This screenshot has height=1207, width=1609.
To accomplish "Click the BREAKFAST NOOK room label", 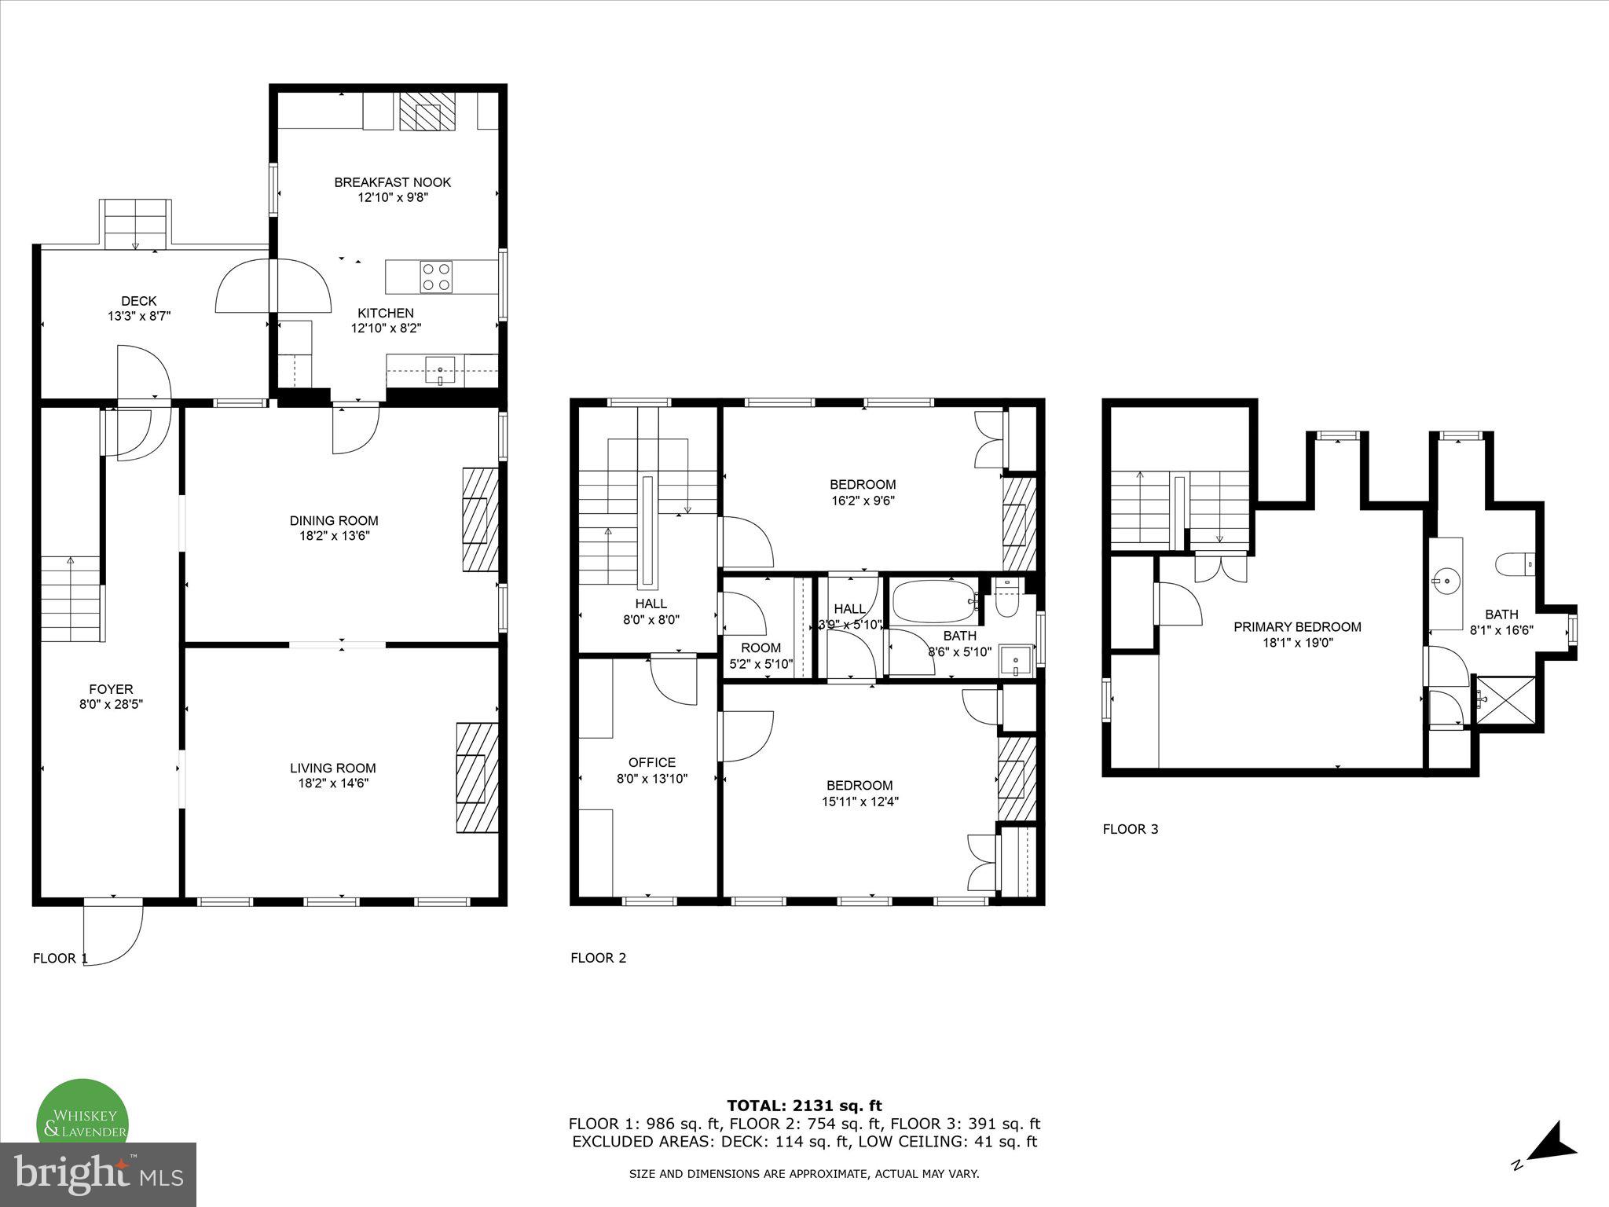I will [x=392, y=182].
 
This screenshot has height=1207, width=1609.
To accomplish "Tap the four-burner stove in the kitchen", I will [x=437, y=277].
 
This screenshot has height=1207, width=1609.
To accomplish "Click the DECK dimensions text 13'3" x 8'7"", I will [x=139, y=317].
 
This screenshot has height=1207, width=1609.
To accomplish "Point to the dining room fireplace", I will [x=480, y=519].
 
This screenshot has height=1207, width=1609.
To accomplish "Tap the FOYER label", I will [x=111, y=689].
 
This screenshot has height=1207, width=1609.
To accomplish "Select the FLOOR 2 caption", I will [x=598, y=958].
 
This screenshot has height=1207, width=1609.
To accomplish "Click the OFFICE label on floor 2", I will [x=651, y=762].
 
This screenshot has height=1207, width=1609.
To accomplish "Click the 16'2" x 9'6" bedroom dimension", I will [x=863, y=501].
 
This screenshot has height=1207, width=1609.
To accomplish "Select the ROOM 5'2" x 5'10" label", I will [x=761, y=655].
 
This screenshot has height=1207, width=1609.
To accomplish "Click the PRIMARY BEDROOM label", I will [x=1297, y=626].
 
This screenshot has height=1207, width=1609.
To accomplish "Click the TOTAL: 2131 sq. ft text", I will [x=804, y=1106].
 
